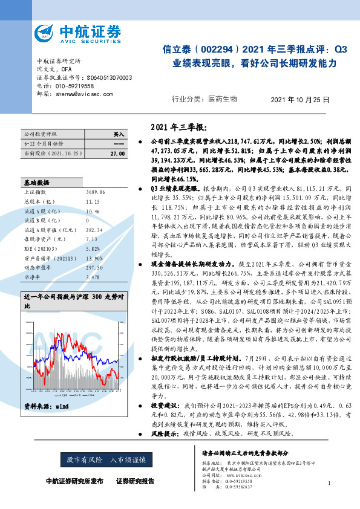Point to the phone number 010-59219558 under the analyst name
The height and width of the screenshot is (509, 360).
pyautogui.click(x=74, y=86)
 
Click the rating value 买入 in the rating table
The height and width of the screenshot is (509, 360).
pyautogui.click(x=119, y=133)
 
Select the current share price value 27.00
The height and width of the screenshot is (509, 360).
pyautogui.click(x=117, y=154)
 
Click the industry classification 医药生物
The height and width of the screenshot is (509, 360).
pyautogui.click(x=223, y=99)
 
